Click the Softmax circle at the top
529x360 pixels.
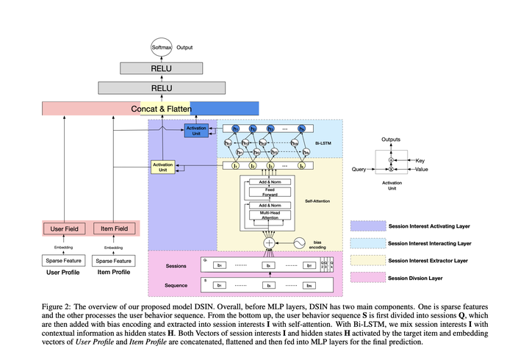click(x=161, y=48)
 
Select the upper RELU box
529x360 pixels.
click(x=161, y=69)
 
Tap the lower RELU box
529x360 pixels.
click(x=161, y=89)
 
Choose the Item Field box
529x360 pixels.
click(x=115, y=228)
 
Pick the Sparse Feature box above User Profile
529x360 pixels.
click(x=63, y=260)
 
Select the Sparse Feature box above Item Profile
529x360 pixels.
click(x=115, y=260)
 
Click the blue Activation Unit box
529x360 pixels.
click(x=196, y=131)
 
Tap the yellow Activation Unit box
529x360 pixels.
click(x=163, y=167)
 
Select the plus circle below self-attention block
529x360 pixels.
click(x=270, y=242)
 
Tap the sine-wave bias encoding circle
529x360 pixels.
click(x=300, y=242)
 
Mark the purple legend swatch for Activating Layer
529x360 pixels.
click(x=367, y=226)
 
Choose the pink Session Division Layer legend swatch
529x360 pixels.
click(x=367, y=277)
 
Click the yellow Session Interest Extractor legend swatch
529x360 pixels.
click(x=367, y=260)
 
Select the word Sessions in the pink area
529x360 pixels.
click(x=176, y=266)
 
